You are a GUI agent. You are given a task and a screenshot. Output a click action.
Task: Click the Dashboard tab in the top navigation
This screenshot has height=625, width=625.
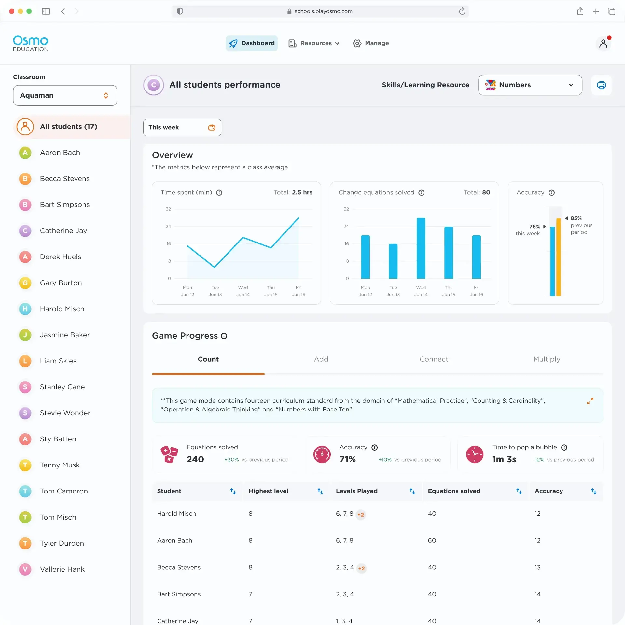pos(252,43)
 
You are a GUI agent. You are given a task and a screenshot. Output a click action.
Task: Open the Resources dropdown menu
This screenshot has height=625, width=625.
pos(314,43)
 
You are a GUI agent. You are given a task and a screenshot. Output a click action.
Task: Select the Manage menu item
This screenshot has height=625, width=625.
pos(371,43)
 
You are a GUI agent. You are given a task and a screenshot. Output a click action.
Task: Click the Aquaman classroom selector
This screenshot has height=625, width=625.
pos(65,95)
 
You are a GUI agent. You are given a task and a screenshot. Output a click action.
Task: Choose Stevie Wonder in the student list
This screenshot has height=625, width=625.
pos(65,413)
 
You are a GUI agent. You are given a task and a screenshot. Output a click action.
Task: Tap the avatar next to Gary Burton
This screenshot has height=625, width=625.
pos(25,283)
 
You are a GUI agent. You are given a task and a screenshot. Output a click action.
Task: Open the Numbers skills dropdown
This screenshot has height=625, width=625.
pos(530,85)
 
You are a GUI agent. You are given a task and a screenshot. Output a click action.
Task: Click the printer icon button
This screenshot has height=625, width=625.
pos(601,85)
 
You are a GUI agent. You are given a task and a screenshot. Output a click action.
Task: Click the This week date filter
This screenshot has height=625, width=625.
pos(182,127)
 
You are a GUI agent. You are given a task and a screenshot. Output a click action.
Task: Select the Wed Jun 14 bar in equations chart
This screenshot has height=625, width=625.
pos(421,248)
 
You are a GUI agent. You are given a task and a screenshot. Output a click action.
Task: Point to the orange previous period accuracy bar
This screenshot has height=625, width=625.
pos(559,257)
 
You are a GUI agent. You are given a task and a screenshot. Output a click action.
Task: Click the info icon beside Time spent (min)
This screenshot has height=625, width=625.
pos(219,193)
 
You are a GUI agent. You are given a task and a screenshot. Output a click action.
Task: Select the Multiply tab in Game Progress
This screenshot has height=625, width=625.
pos(547,359)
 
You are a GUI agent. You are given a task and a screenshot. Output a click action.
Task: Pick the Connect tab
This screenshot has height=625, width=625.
pos(434,359)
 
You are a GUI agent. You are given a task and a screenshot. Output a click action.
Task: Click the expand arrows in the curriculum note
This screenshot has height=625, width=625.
pos(590,401)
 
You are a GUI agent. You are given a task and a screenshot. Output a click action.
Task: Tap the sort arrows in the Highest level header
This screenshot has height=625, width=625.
pos(320,491)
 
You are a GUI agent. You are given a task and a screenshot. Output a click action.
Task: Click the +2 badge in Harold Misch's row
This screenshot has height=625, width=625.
pos(361,515)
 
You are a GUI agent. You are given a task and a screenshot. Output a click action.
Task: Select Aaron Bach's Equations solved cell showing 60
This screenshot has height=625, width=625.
pos(432,540)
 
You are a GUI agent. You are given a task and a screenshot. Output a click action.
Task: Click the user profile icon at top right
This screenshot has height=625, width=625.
pos(603,43)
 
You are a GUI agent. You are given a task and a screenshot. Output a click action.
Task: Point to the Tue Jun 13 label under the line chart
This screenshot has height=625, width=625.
pos(215,291)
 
